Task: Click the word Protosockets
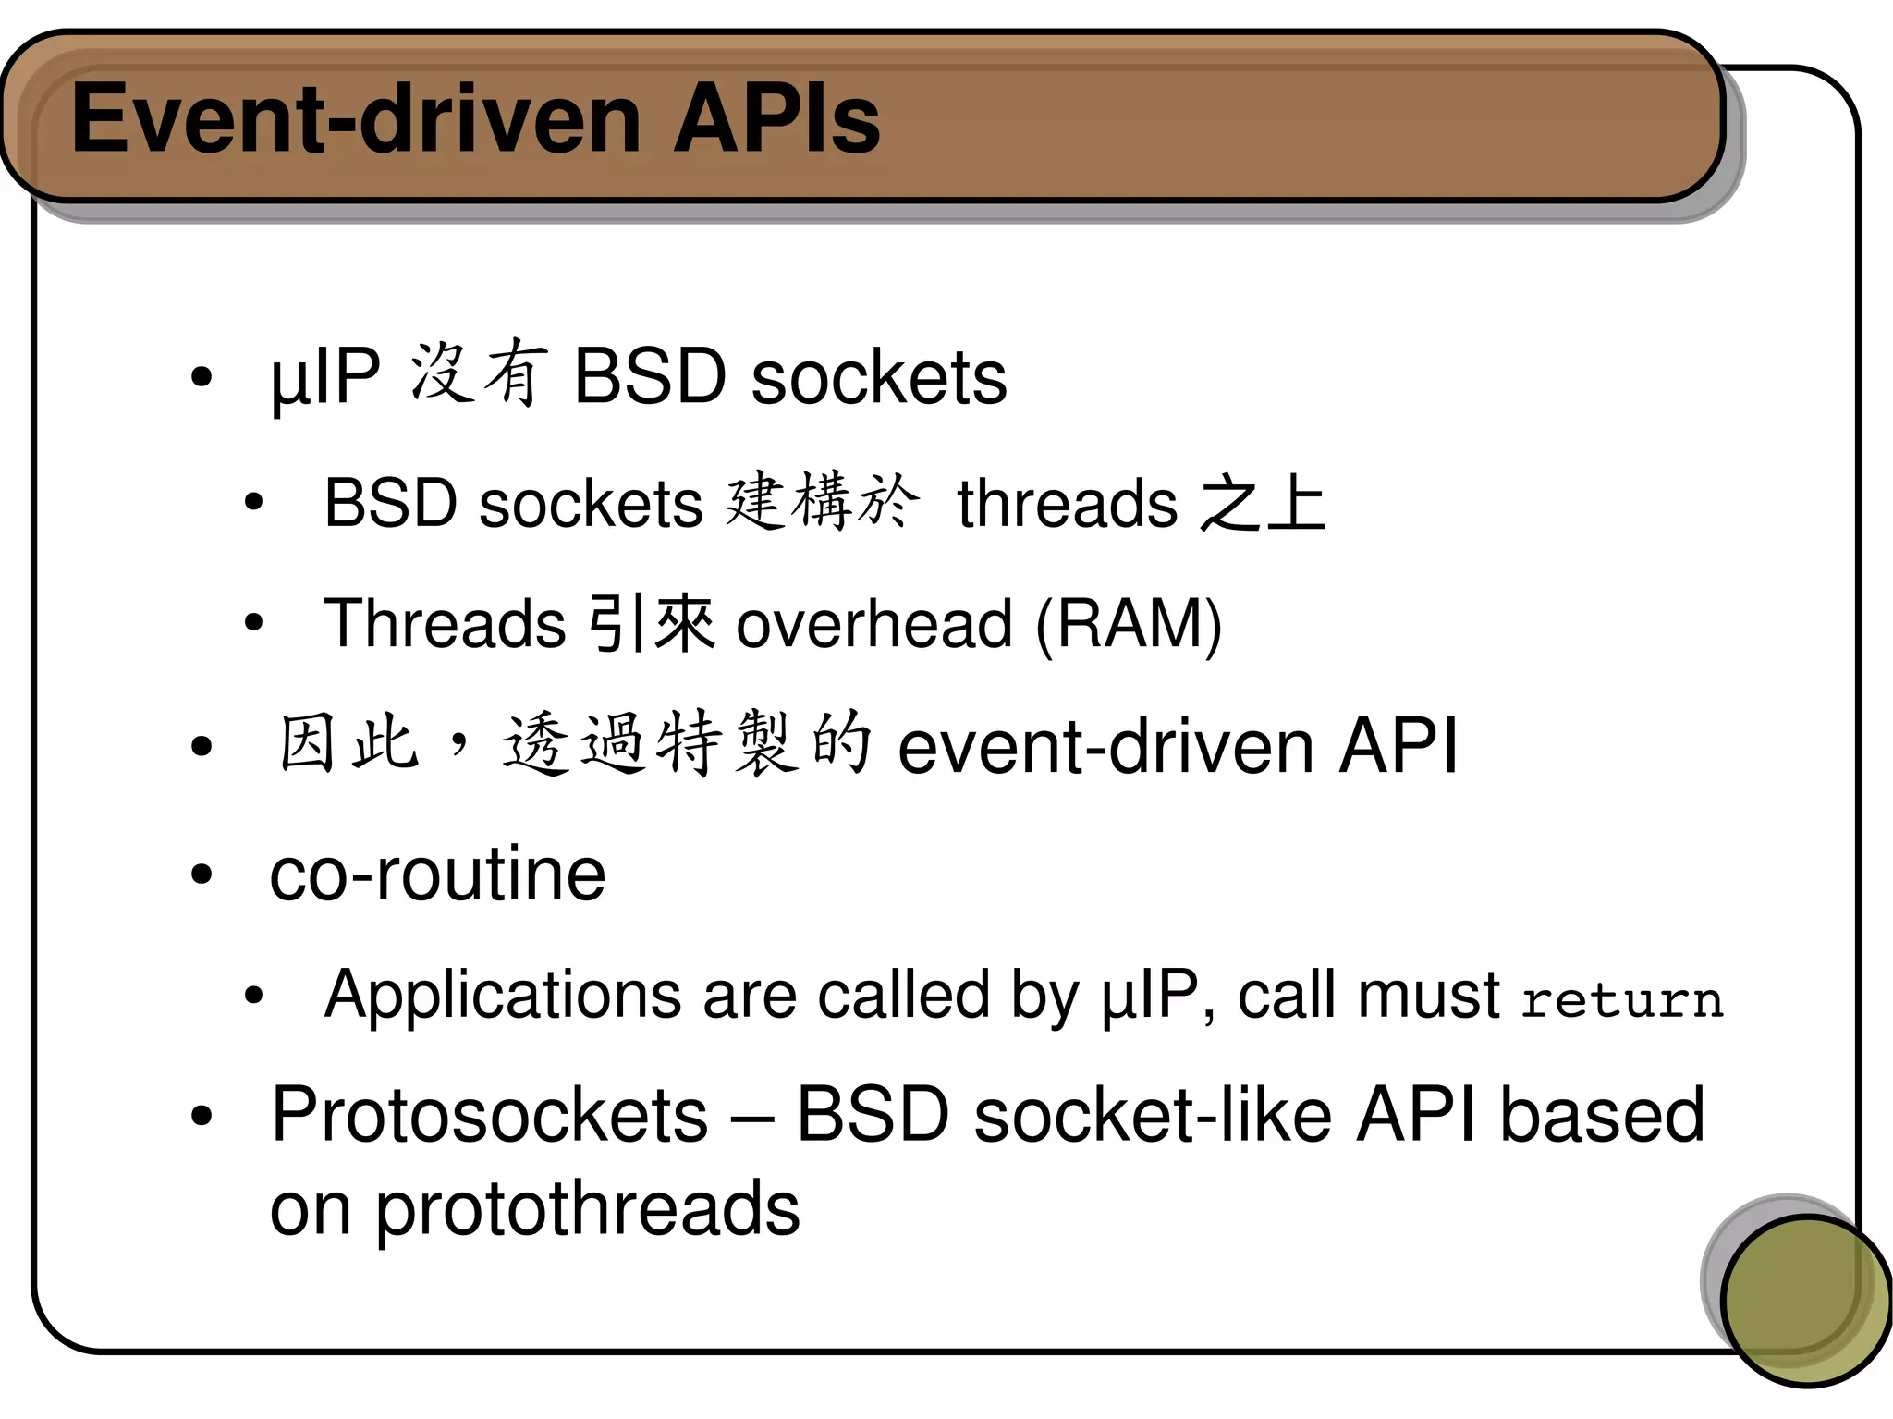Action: click(x=489, y=1116)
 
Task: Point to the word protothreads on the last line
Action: click(x=587, y=1209)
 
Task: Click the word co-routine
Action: click(x=437, y=875)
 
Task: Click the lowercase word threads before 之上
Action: click(x=1067, y=505)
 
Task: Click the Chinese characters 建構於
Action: click(x=822, y=502)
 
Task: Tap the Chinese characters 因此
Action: click(x=348, y=743)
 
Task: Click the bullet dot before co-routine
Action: click(x=202, y=875)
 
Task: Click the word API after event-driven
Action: click(x=1398, y=746)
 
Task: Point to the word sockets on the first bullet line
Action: click(x=878, y=377)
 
